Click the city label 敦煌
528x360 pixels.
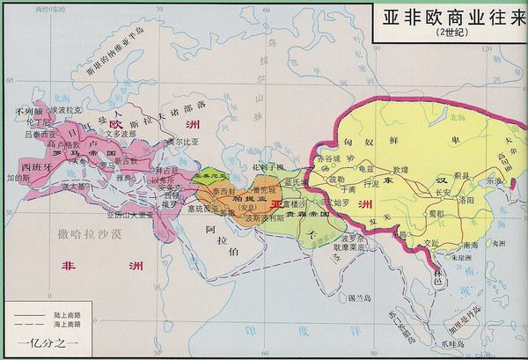(x=400, y=167)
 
